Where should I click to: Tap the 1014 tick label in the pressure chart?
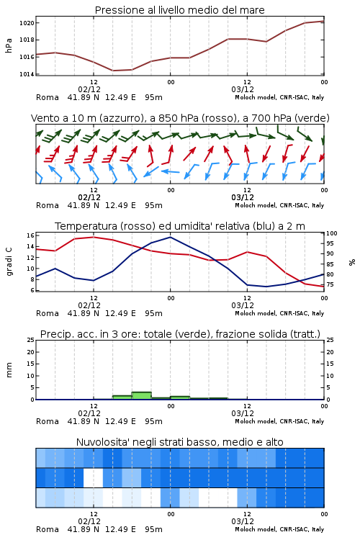[27, 74]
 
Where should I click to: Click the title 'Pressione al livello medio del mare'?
[180, 10]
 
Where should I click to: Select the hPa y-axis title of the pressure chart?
[9, 45]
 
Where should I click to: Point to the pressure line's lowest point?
[113, 71]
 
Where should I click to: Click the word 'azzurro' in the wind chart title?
[120, 119]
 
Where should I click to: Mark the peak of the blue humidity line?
[170, 237]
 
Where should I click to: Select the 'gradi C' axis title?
[9, 262]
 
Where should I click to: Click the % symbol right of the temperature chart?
[352, 262]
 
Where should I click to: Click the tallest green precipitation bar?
[142, 396]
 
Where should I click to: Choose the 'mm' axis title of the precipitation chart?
[9, 370]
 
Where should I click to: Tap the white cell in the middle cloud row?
[94, 477]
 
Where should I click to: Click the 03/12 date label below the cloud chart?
[243, 521]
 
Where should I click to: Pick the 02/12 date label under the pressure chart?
[89, 89]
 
